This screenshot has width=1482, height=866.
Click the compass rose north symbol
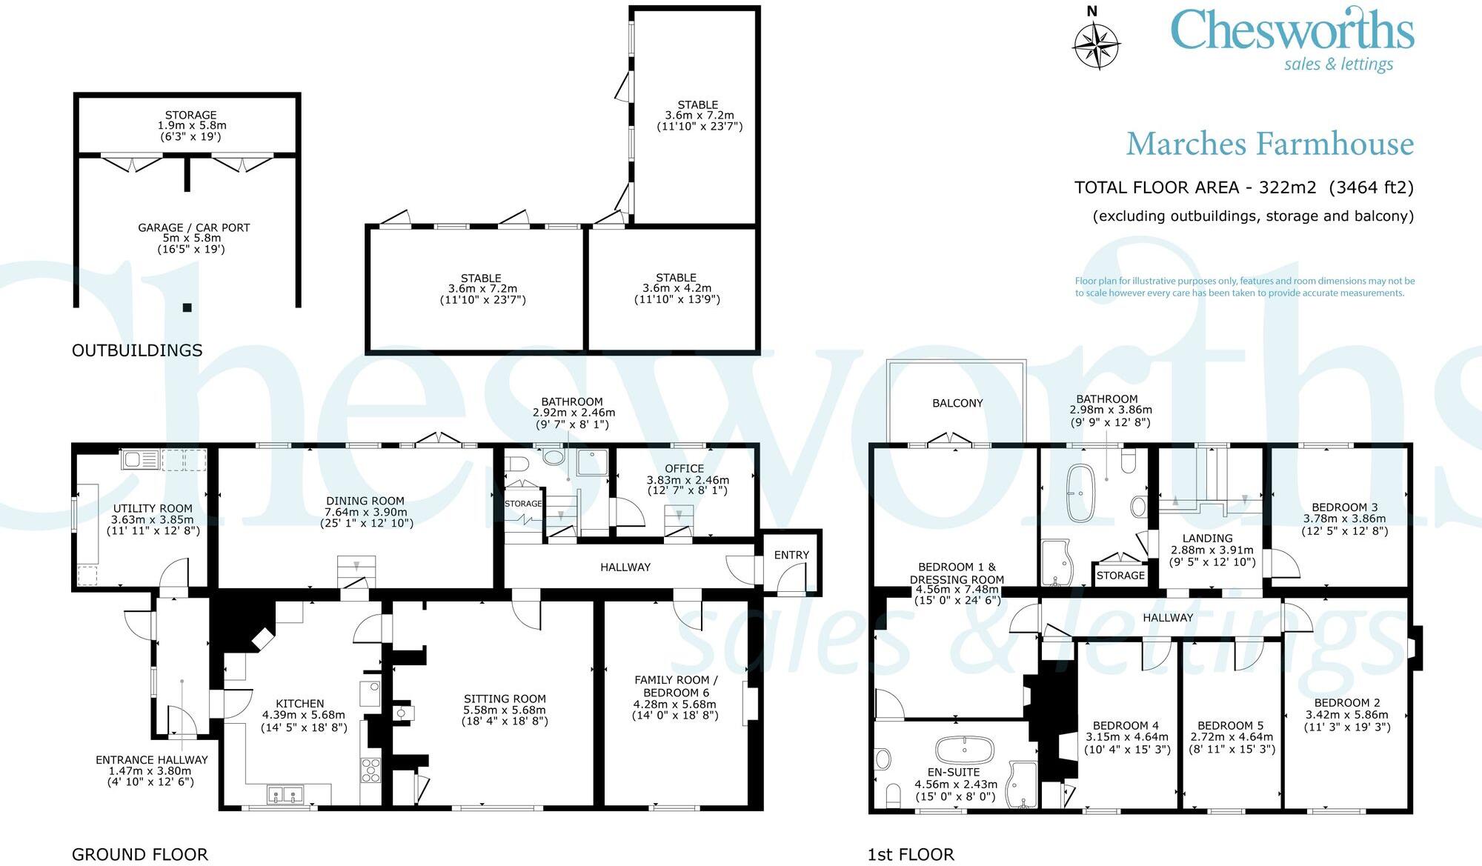[x=1096, y=43]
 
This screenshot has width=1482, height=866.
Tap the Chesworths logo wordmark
[x=1292, y=31]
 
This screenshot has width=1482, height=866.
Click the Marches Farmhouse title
[x=1269, y=144]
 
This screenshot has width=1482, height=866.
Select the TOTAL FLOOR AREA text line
[x=1243, y=187]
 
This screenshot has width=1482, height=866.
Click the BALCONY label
[x=957, y=403]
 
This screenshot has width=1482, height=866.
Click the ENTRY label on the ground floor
[x=791, y=555]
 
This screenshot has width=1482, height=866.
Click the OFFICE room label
[x=684, y=469]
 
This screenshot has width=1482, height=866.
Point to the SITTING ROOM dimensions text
[x=505, y=716]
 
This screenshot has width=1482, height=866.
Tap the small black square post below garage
[x=187, y=307]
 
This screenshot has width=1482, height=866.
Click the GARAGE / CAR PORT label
[x=193, y=227]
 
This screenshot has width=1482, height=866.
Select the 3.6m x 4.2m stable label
[x=677, y=288]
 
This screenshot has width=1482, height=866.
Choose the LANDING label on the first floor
[x=1207, y=539]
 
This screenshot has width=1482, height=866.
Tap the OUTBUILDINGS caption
[x=137, y=350]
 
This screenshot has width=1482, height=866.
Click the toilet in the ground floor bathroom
[x=517, y=464]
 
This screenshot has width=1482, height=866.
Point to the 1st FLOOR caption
[x=911, y=854]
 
